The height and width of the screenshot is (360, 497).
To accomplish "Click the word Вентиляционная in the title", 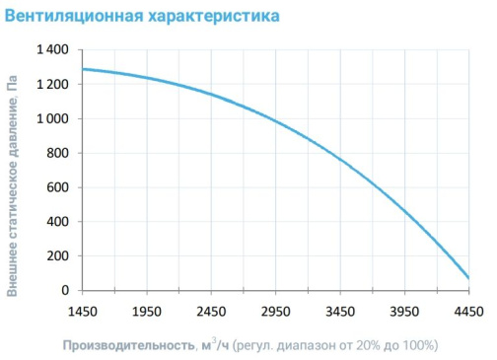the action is click(74, 16).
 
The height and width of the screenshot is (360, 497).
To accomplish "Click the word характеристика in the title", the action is click(214, 16).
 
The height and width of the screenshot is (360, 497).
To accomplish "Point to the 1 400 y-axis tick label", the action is click(52, 49).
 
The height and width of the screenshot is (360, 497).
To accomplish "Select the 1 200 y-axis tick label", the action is click(52, 84).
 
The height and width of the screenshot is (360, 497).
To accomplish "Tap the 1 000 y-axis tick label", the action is click(52, 118).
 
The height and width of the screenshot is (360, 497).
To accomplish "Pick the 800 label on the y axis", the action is click(57, 153).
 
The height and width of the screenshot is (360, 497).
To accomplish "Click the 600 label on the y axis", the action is click(57, 187).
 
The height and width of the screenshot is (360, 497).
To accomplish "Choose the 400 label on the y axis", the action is click(57, 222).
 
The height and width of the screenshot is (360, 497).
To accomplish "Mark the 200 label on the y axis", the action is click(57, 255).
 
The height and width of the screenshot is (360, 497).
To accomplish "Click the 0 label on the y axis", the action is click(65, 290).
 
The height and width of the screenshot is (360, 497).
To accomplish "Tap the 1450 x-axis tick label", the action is click(83, 312).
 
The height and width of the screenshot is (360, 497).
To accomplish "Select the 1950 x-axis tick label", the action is click(147, 312).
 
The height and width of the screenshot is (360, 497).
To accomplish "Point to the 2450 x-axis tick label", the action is click(211, 312).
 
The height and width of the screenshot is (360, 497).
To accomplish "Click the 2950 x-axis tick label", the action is click(275, 312).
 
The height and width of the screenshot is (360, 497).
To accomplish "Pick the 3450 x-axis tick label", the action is click(340, 312).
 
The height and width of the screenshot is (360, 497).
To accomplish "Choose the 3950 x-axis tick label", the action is click(404, 312).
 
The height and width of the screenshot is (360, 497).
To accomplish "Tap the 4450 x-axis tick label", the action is click(469, 312).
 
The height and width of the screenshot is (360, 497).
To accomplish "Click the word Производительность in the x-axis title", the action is click(128, 346).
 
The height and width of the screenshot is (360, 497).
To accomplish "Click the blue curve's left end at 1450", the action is click(83, 69).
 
